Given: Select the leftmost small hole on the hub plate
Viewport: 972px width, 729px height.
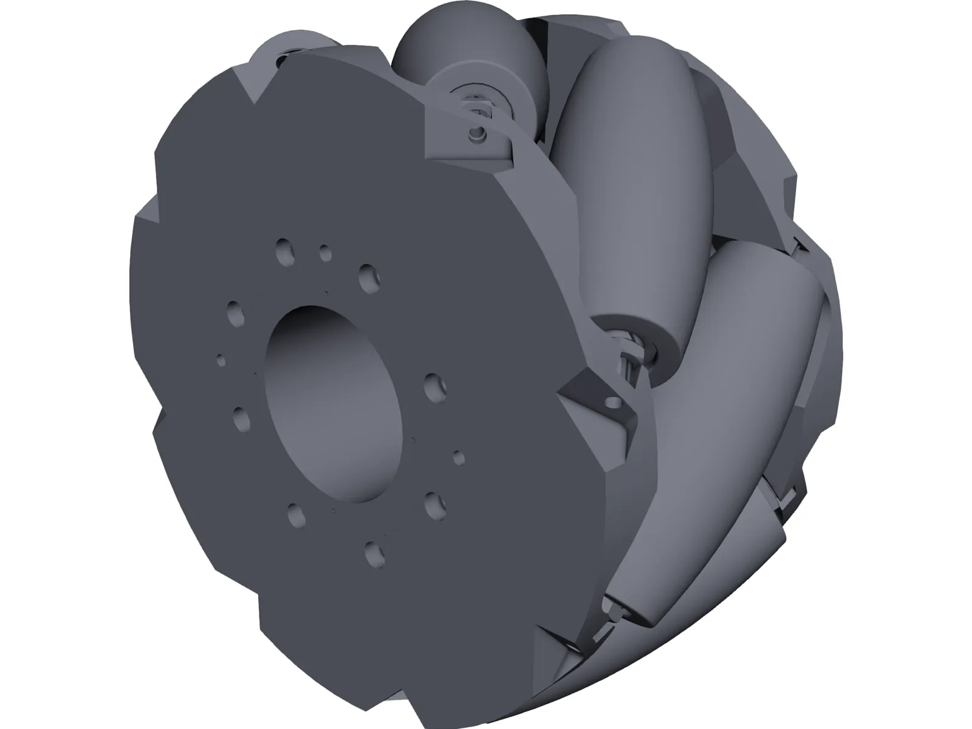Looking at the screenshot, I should tap(221, 361).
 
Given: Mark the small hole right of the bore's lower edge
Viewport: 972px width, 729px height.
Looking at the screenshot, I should tap(459, 457).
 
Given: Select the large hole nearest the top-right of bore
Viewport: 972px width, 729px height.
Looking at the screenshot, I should tap(368, 278).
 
